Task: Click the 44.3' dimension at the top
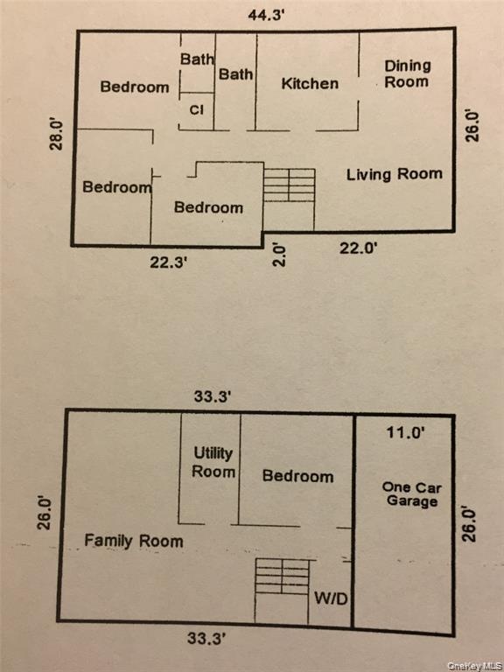pyautogui.click(x=266, y=16)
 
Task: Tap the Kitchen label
pyautogui.click(x=310, y=83)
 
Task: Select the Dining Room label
pyautogui.click(x=407, y=73)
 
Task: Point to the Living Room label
pyautogui.click(x=395, y=174)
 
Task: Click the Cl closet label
pyautogui.click(x=197, y=110)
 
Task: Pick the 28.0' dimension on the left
pyautogui.click(x=56, y=135)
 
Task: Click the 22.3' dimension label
pyautogui.click(x=168, y=262)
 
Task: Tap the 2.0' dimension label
pyautogui.click(x=279, y=255)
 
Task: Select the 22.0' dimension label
pyautogui.click(x=358, y=248)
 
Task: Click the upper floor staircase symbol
pyautogui.click(x=290, y=185)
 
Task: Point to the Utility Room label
pyautogui.click(x=213, y=462)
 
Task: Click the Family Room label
pyautogui.click(x=134, y=541)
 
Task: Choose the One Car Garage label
pyautogui.click(x=411, y=494)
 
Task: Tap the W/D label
pyautogui.click(x=331, y=598)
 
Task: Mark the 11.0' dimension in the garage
pyautogui.click(x=405, y=432)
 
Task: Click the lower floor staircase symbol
pyautogui.click(x=283, y=577)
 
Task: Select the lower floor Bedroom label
pyautogui.click(x=297, y=476)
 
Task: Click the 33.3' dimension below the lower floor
pyautogui.click(x=206, y=639)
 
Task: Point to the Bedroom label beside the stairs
pyautogui.click(x=209, y=207)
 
